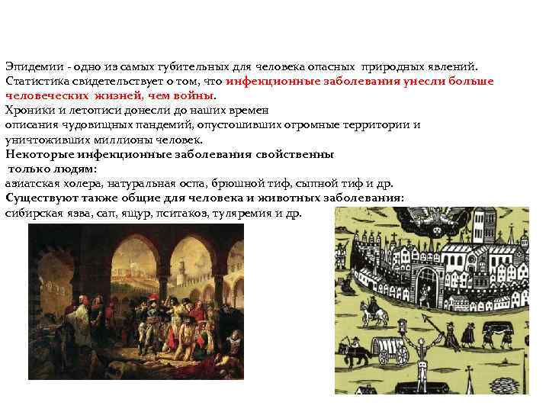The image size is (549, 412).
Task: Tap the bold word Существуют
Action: pos(40,198)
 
